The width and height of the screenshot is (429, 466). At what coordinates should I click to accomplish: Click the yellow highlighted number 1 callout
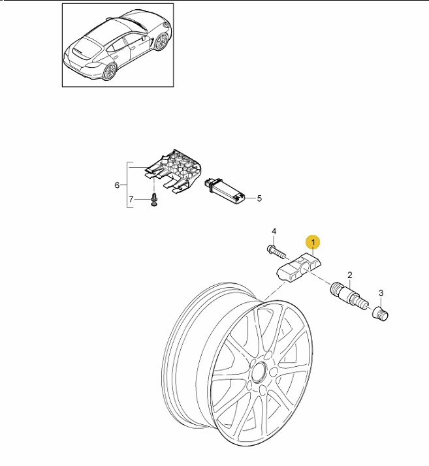click(313, 242)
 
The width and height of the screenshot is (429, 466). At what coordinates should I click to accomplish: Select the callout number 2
click(349, 275)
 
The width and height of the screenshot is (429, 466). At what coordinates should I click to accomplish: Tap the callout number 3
click(381, 293)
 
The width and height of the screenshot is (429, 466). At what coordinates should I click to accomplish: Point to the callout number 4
click(274, 231)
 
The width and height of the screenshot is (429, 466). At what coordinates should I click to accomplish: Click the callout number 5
click(259, 198)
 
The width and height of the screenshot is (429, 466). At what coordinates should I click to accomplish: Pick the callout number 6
click(117, 185)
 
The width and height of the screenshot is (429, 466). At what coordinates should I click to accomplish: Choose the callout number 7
click(131, 199)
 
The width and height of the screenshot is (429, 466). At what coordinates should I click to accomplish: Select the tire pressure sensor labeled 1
click(298, 267)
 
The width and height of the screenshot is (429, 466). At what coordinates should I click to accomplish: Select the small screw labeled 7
click(154, 200)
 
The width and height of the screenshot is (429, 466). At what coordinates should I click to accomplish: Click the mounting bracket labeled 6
click(173, 171)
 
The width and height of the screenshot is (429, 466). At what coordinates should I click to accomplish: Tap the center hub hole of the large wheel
click(259, 371)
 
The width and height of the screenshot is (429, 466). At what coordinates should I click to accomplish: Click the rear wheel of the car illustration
click(110, 72)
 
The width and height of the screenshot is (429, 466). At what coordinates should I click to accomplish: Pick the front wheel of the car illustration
click(161, 42)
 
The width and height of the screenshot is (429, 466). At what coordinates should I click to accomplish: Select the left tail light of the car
click(93, 65)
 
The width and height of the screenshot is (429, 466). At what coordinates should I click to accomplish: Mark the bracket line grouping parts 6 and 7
click(128, 185)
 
